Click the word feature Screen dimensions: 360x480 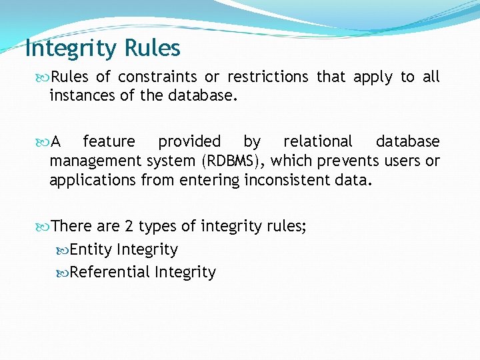coord(109,141)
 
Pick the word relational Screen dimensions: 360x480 coord(318,141)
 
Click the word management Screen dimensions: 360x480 coord(93,161)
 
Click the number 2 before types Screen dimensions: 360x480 coord(129,227)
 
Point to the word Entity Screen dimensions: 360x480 coord(91,250)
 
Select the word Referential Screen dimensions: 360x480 coord(110,272)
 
